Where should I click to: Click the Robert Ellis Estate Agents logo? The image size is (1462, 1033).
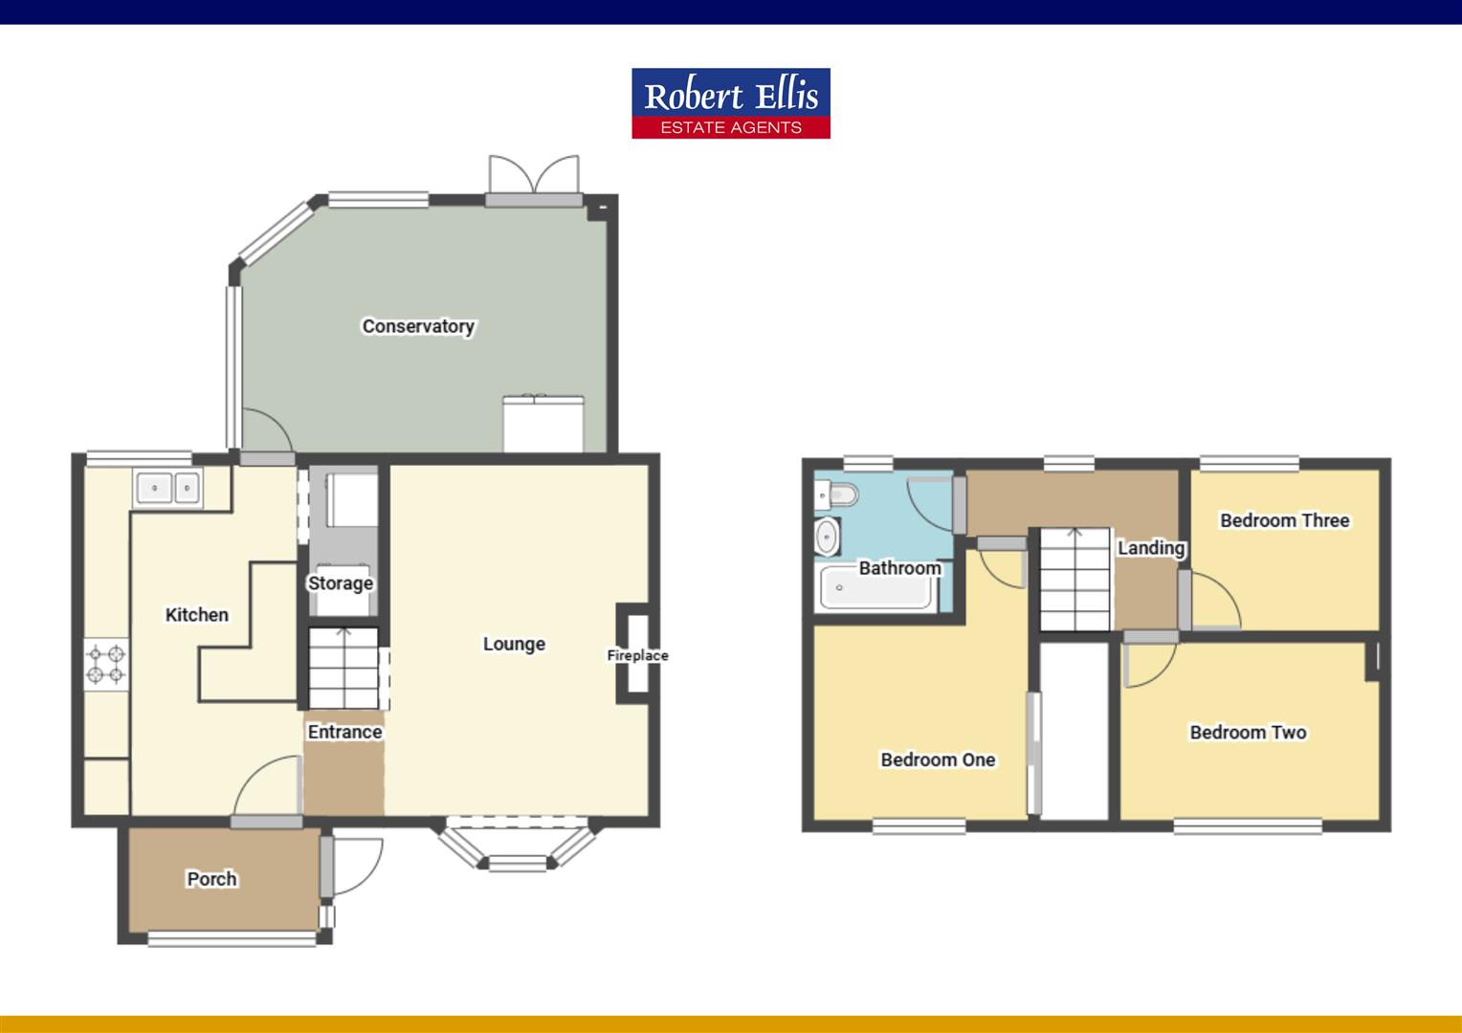tap(730, 103)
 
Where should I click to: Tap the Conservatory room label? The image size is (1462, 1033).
tap(418, 326)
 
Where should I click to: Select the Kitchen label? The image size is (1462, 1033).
tap(197, 615)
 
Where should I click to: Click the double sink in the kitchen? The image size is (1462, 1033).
tap(168, 488)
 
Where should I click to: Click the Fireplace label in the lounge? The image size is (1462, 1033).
tap(637, 656)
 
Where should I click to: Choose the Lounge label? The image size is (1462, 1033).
tap(514, 644)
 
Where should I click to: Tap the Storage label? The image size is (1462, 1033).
tap(340, 583)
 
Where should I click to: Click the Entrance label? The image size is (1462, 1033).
tap(344, 732)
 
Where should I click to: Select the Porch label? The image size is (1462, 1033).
tap(211, 879)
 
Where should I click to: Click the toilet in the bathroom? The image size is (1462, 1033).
tap(836, 495)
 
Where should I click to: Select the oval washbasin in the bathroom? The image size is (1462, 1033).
tap(827, 537)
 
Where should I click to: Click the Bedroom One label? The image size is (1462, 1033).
tap(938, 759)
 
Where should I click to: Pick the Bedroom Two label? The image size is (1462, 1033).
tap(1248, 733)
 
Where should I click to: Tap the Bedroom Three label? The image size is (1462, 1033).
tap(1284, 520)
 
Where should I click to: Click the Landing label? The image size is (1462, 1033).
tap(1151, 548)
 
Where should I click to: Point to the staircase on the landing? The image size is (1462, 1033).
tap(1074, 579)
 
